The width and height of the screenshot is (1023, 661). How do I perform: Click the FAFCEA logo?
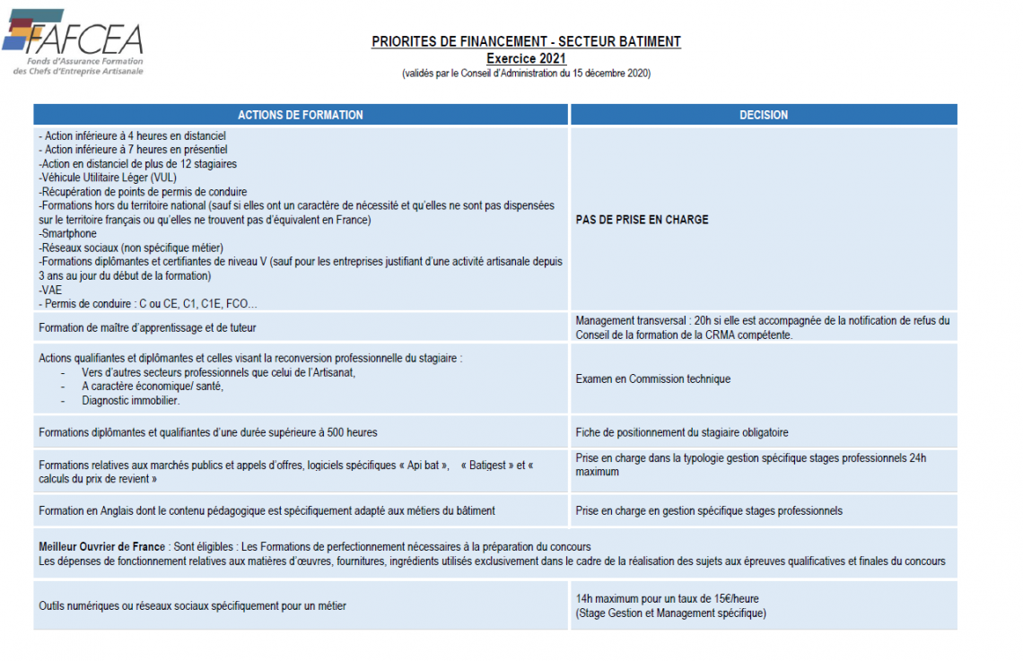pos(74,42)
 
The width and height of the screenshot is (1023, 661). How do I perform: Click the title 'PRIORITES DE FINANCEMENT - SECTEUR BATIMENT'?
pos(526,42)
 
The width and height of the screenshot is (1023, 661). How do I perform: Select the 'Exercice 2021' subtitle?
pos(526,58)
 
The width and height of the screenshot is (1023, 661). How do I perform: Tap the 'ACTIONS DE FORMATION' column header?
pos(301,115)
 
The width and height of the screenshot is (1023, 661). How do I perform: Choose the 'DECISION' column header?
pos(764,115)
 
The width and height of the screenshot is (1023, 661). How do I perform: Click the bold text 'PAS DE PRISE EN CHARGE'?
pos(642,220)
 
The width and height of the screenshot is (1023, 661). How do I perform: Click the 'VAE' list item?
pos(48,291)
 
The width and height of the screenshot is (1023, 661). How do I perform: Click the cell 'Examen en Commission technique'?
pos(652,379)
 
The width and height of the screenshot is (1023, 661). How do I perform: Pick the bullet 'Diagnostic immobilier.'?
pos(130,400)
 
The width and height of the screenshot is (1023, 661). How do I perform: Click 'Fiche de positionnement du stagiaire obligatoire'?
pos(681,432)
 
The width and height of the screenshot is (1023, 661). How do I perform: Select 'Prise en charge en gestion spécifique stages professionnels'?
pos(709,511)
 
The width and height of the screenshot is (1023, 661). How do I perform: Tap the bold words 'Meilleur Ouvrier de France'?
pos(101,547)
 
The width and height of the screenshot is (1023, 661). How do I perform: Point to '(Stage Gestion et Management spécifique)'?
pos(670,613)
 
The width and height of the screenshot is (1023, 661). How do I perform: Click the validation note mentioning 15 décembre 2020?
pos(526,74)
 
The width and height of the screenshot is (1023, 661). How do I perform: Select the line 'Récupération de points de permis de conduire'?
pos(144,192)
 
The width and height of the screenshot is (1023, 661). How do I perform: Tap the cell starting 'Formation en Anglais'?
pos(267,511)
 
